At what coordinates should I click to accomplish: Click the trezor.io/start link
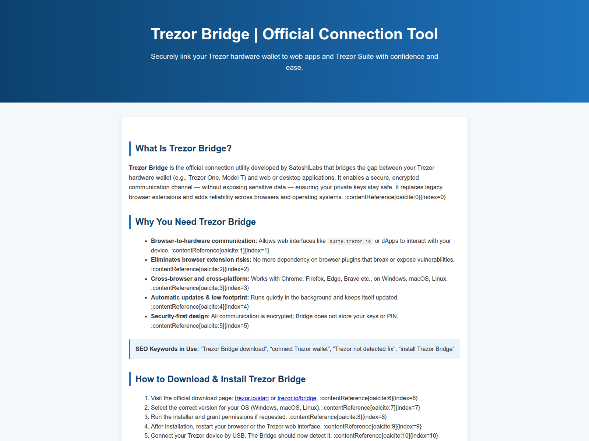[252, 398]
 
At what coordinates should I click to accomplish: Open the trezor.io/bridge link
[297, 398]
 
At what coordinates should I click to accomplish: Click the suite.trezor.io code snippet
[350, 241]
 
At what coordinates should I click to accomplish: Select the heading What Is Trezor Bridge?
[183, 148]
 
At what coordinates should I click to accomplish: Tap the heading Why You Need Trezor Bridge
[195, 222]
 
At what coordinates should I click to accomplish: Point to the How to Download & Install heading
[221, 379]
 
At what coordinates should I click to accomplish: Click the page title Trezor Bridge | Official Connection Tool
[294, 34]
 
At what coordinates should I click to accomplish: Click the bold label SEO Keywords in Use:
[167, 349]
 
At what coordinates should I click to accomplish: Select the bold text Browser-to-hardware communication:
[204, 241]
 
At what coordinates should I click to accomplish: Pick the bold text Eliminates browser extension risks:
[201, 259]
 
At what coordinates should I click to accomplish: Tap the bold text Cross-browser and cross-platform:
[200, 279]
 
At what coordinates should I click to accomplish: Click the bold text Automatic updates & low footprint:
[200, 297]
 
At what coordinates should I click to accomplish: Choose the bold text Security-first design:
[180, 316]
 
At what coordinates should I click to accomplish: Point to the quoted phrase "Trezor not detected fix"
[364, 349]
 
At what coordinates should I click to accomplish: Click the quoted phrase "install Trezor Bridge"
[426, 349]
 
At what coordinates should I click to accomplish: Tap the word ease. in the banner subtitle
[294, 68]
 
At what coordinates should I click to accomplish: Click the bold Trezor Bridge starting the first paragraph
[148, 168]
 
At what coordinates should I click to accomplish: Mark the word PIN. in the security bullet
[392, 316]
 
